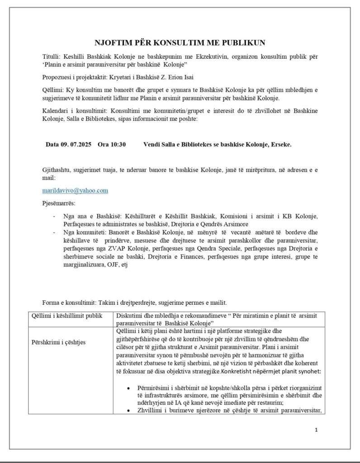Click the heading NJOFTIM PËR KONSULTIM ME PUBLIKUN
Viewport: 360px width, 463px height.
tap(180, 43)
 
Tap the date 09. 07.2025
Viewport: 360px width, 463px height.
tap(75, 145)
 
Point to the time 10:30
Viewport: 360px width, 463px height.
tap(118, 145)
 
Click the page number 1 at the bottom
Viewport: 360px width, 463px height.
tap(316, 430)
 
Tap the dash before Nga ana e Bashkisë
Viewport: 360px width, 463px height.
tap(54, 216)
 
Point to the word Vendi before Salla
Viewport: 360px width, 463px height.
tap(152, 145)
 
